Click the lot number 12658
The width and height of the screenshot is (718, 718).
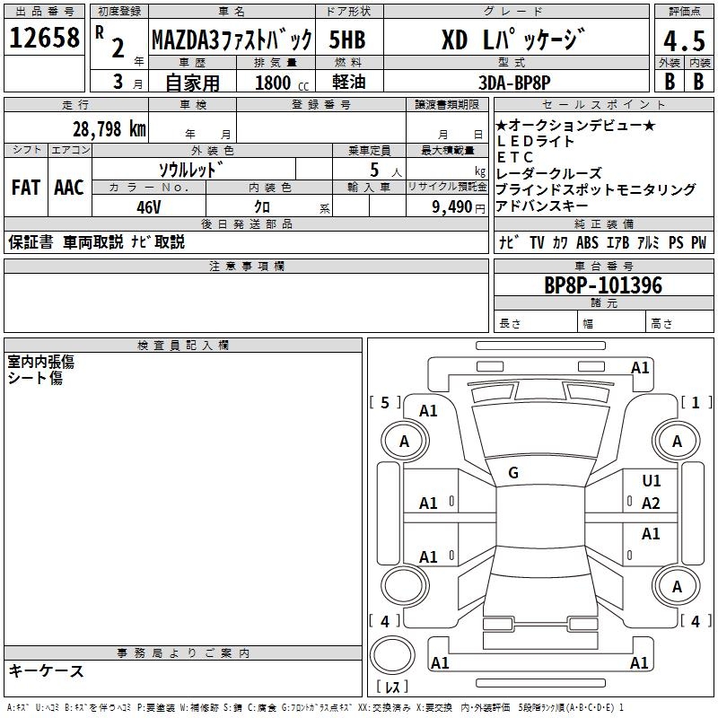click(45, 38)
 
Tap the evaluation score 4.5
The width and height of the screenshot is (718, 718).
click(678, 41)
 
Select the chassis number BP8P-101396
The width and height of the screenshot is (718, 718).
click(603, 285)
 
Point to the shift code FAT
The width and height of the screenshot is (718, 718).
click(25, 188)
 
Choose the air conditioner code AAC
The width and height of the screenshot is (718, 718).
click(68, 188)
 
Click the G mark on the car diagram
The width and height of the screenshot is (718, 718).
click(513, 473)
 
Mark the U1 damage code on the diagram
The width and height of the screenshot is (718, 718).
click(652, 482)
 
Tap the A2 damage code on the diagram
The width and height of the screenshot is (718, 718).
click(652, 503)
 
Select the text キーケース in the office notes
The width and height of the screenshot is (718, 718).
click(47, 670)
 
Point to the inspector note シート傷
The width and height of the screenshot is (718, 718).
click(35, 378)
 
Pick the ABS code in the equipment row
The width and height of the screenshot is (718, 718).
click(587, 243)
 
